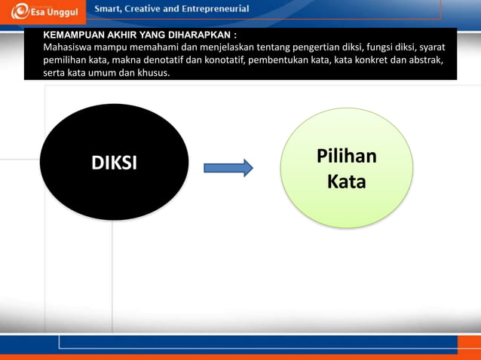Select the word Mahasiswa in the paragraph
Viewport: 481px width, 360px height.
(69, 47)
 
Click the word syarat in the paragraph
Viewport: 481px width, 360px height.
(431, 47)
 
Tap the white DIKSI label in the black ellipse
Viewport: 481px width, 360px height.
(114, 163)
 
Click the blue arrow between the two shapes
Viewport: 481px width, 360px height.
(228, 167)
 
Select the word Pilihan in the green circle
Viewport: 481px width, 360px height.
(347, 157)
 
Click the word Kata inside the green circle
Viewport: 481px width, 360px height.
(347, 182)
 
